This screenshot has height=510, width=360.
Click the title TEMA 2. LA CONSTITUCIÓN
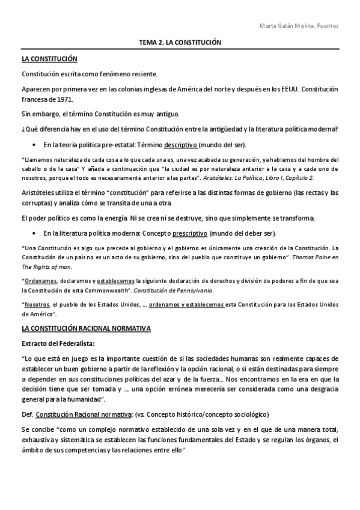[x=180, y=43]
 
